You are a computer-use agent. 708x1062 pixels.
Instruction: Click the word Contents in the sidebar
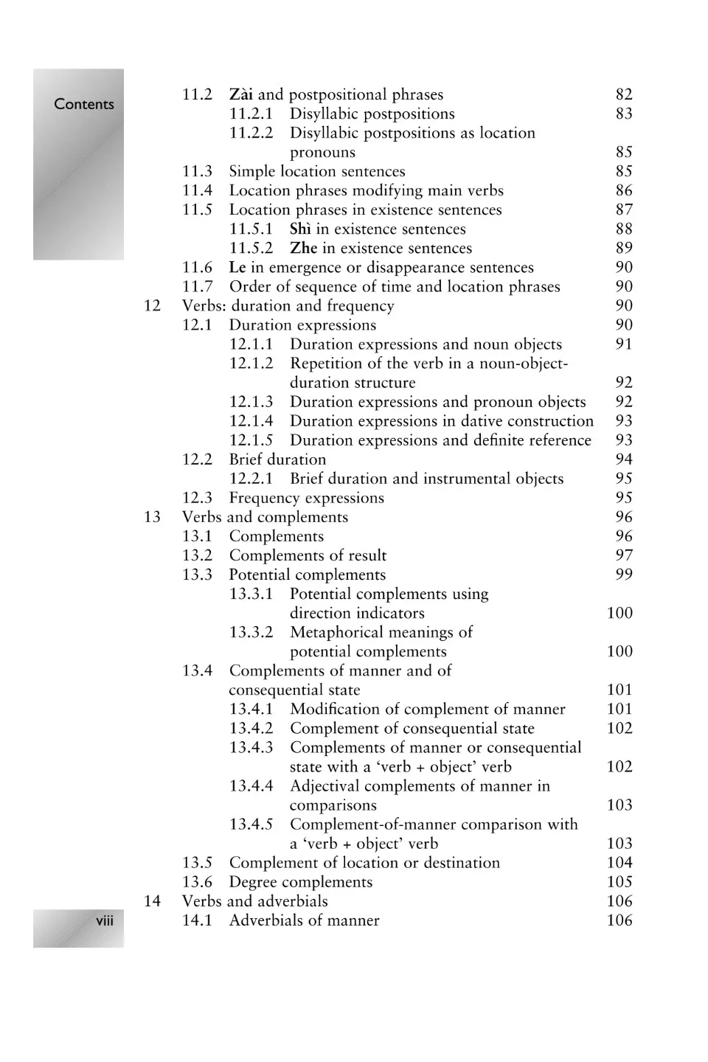[83, 104]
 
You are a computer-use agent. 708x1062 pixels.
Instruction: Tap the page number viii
[105, 920]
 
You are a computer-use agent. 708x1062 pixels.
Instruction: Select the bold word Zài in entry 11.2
[241, 94]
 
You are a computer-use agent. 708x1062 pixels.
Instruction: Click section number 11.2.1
[251, 114]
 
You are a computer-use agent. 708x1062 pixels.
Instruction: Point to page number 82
[624, 94]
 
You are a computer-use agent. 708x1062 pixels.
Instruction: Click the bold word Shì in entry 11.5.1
[300, 229]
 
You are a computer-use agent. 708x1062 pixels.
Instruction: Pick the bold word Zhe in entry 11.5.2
[303, 248]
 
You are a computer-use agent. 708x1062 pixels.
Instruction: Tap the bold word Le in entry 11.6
[237, 267]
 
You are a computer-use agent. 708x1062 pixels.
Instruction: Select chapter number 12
[152, 305]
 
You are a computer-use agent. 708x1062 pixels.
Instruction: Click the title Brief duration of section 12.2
[277, 459]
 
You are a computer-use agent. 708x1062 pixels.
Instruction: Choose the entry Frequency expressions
[306, 498]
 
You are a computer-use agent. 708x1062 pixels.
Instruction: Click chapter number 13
[152, 517]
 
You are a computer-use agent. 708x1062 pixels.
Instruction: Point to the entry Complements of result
[308, 555]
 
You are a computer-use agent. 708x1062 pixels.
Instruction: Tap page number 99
[624, 575]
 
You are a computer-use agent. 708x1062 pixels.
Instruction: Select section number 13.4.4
[251, 785]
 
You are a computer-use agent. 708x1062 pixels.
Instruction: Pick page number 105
[619, 882]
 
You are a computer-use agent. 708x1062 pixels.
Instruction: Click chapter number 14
[152, 901]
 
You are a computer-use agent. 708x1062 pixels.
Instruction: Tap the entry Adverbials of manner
[304, 920]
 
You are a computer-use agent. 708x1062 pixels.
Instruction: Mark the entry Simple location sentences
[317, 171]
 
